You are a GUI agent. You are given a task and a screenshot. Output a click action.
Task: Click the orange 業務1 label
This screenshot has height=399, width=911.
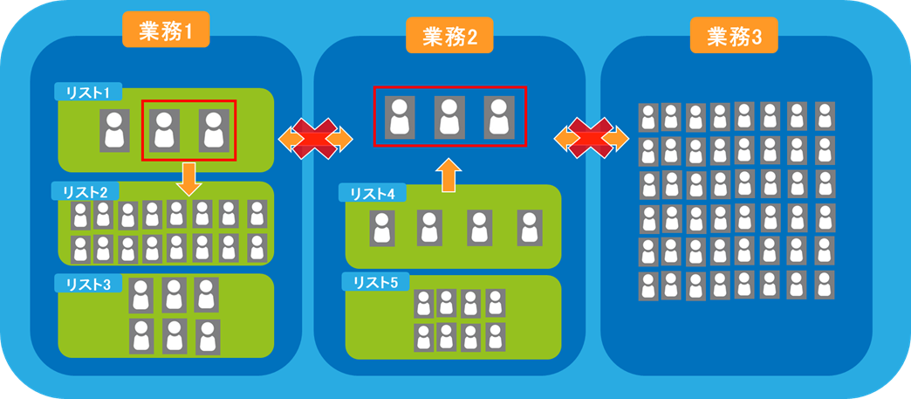coord(166,31)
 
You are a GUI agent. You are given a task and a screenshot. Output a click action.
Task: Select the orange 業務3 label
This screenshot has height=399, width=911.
coord(734,37)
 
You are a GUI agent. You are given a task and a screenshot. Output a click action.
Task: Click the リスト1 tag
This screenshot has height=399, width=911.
coord(87,92)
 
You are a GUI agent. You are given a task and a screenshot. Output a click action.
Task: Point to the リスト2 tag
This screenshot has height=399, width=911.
coord(85,191)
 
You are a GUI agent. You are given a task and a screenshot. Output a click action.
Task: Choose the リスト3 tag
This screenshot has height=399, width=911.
coord(87,284)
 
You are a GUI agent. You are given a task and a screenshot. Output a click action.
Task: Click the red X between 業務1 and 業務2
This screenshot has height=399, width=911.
coord(315,138)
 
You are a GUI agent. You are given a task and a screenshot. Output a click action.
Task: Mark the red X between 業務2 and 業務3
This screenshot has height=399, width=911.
coord(591,137)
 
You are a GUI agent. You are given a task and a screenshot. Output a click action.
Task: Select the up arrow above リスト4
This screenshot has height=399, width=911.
coord(448,175)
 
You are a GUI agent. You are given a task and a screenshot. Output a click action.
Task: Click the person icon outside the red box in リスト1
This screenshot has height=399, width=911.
coord(113,131)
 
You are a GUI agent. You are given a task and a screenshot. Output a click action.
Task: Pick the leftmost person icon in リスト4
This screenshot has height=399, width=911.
coord(381,227)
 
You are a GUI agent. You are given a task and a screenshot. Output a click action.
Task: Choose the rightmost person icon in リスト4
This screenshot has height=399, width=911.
coord(529,227)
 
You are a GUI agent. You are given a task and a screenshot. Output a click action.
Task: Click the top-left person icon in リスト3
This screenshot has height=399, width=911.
coord(141,295)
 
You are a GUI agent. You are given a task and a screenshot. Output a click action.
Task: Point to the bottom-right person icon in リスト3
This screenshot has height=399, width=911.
coord(207,335)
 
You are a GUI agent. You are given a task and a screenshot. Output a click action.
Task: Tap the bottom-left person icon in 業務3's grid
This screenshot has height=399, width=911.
coord(647,285)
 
